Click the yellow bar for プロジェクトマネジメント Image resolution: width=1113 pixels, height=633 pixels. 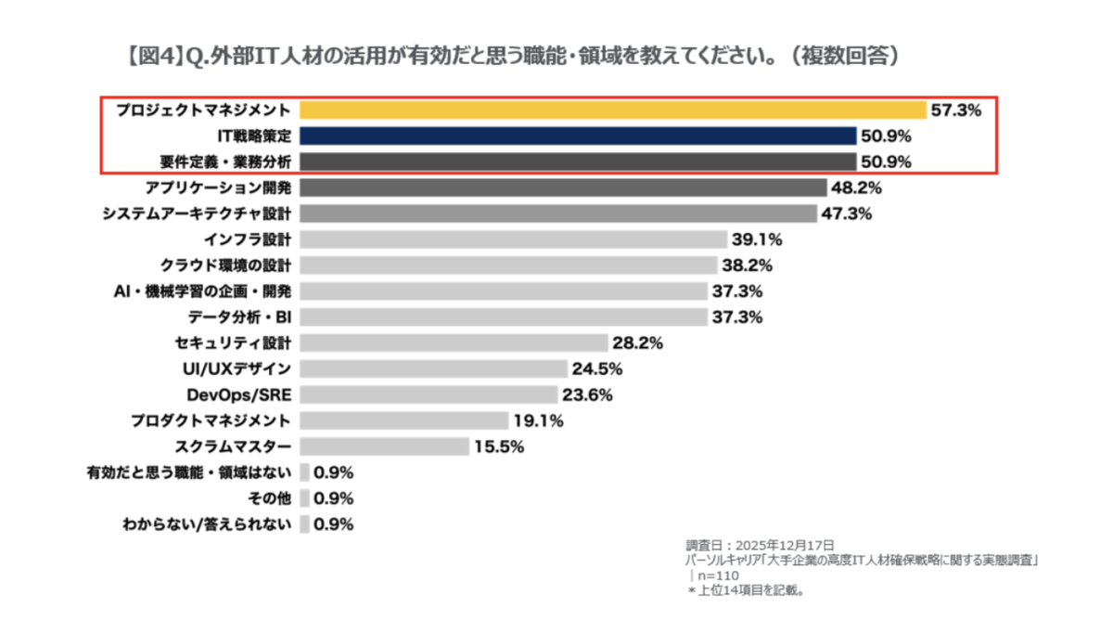(612, 110)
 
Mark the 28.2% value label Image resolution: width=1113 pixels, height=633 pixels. (637, 342)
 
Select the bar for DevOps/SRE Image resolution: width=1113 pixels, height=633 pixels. (429, 394)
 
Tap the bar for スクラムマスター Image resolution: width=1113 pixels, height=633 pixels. (385, 446)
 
